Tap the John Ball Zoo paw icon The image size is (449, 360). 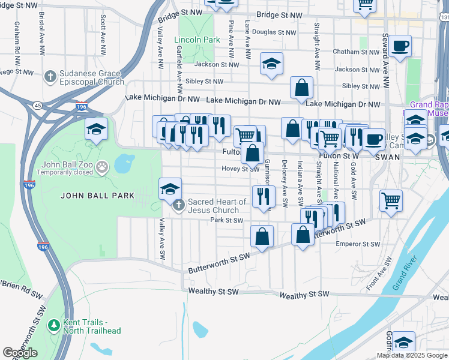[x=103, y=164]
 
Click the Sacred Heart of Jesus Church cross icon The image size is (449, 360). [x=178, y=206]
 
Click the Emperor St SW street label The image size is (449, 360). [x=358, y=244]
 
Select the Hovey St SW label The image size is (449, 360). [x=240, y=169]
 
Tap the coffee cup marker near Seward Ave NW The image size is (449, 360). [x=399, y=46]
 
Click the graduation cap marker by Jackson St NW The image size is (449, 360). [x=271, y=64]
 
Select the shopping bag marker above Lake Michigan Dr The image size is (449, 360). [x=301, y=87]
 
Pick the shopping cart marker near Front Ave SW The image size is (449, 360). [x=391, y=200]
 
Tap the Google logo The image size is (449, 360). [x=20, y=353]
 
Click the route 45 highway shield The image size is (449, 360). [x=38, y=106]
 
